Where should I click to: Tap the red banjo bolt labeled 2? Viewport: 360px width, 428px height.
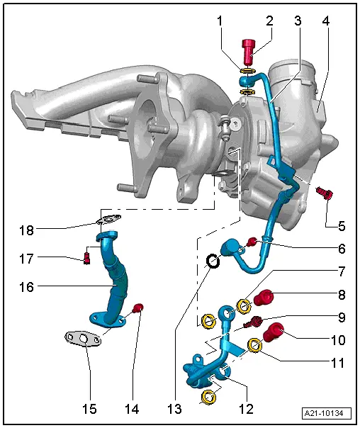click(x=249, y=52)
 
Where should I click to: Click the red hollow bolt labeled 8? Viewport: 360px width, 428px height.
click(x=341, y=249)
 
